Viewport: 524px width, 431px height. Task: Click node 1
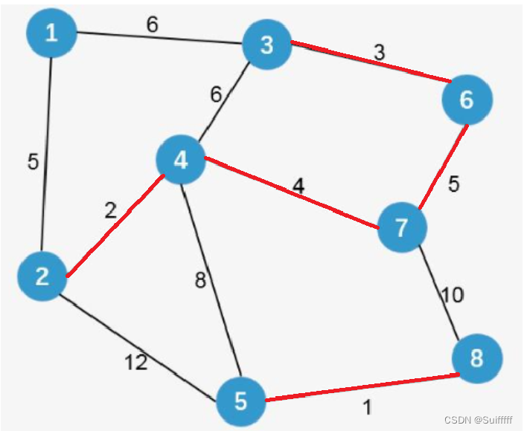pyautogui.click(x=51, y=34)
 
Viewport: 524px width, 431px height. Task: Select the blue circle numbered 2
pyautogui.click(x=42, y=276)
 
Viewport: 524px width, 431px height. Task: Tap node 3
pyautogui.click(x=266, y=45)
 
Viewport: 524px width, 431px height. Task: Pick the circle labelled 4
pyautogui.click(x=181, y=160)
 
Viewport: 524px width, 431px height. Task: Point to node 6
pyautogui.click(x=467, y=100)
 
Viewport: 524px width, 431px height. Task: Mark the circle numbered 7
pyautogui.click(x=402, y=227)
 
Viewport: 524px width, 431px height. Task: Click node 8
pyautogui.click(x=476, y=359)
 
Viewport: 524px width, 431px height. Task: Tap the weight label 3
pyautogui.click(x=379, y=54)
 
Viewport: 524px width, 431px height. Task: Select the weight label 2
pyautogui.click(x=110, y=210)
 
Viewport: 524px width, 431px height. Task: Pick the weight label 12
pyautogui.click(x=135, y=363)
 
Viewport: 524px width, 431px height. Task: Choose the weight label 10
pyautogui.click(x=452, y=295)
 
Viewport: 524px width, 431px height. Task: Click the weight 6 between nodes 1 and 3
pyautogui.click(x=152, y=25)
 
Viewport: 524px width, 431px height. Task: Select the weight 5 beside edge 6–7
pyautogui.click(x=453, y=184)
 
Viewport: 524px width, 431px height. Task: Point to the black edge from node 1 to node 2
pyautogui.click(x=46, y=149)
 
